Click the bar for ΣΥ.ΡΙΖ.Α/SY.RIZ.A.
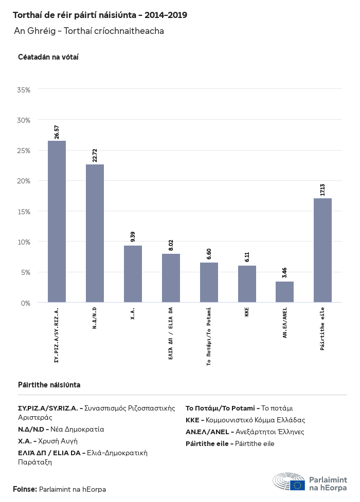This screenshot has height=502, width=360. tap(57, 221)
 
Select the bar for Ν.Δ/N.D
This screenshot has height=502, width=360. tap(95, 233)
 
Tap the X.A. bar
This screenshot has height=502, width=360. tap(133, 274)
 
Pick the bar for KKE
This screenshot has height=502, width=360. tap(247, 284)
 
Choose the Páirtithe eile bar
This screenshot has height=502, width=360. tap(322, 250)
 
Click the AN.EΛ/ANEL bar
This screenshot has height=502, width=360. tap(284, 292)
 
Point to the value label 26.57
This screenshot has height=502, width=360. tap(57, 132)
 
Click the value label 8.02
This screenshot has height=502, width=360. tap(171, 245)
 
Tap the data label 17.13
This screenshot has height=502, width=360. tap(322, 189)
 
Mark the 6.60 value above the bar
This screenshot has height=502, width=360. tap(209, 253)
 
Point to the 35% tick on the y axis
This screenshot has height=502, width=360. tap(24, 90)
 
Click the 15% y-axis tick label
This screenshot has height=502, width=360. tap(24, 211)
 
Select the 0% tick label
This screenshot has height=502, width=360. tap(26, 303)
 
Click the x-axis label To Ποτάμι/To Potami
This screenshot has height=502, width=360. tap(209, 337)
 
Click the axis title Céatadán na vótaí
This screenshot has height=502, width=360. tap(48, 57)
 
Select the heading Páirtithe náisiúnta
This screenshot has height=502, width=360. tap(49, 385)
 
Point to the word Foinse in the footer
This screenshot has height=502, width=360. tap(25, 489)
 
